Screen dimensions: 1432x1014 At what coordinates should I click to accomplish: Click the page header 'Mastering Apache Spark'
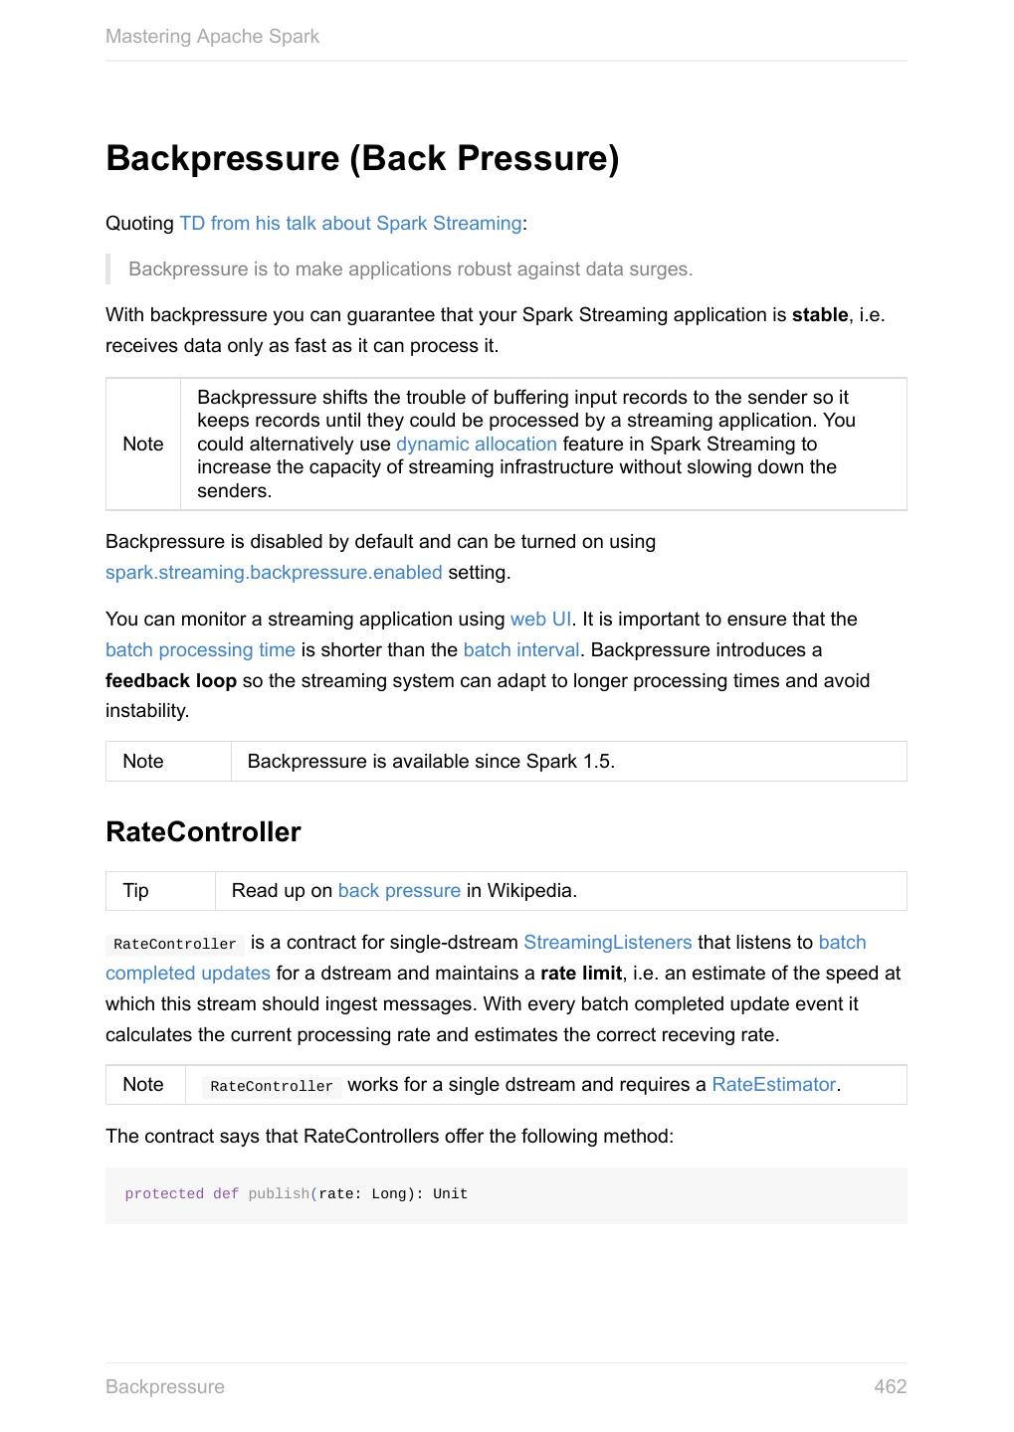pyautogui.click(x=212, y=37)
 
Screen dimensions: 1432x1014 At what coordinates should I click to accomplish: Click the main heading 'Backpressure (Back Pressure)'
pyautogui.click(x=362, y=158)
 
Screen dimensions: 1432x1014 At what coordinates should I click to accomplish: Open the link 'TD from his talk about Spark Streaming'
pyautogui.click(x=350, y=223)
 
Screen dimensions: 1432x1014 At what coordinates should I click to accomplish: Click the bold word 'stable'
pyautogui.click(x=820, y=315)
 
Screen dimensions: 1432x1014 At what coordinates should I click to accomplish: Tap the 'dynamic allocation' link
pyautogui.click(x=476, y=445)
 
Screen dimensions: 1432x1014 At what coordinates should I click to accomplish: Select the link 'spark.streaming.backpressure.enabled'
pyautogui.click(x=274, y=573)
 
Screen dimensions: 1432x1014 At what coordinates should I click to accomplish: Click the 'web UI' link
pyautogui.click(x=540, y=620)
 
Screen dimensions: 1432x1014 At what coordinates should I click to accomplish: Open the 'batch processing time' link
pyautogui.click(x=200, y=650)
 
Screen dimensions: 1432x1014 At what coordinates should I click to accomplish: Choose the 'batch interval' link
pyautogui.click(x=520, y=650)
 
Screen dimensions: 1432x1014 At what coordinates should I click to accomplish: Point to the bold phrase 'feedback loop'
pyautogui.click(x=171, y=681)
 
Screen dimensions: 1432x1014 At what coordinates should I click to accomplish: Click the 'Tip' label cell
pyautogui.click(x=136, y=891)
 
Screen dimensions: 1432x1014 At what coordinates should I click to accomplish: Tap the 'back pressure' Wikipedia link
pyautogui.click(x=399, y=891)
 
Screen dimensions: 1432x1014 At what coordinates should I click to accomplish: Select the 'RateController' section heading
pyautogui.click(x=203, y=832)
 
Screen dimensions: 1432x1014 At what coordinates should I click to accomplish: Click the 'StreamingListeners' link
pyautogui.click(x=607, y=943)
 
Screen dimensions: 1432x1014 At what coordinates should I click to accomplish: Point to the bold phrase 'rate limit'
pyautogui.click(x=581, y=974)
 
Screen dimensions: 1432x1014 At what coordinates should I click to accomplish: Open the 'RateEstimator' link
pyautogui.click(x=773, y=1085)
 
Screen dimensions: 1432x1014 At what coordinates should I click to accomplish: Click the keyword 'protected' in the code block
pyautogui.click(x=164, y=1194)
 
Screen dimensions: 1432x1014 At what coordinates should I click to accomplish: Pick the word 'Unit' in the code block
pyautogui.click(x=450, y=1194)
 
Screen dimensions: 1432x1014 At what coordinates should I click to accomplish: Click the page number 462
pyautogui.click(x=890, y=1387)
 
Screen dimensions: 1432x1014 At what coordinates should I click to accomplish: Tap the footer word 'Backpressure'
pyautogui.click(x=165, y=1387)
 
